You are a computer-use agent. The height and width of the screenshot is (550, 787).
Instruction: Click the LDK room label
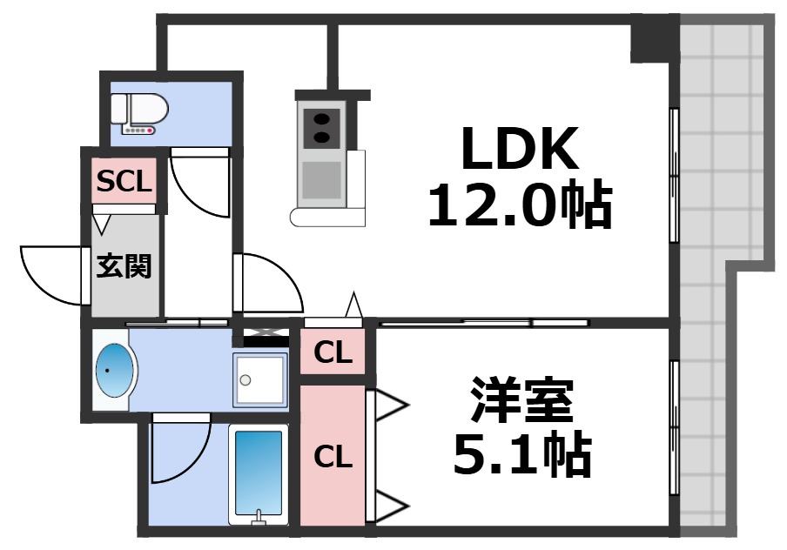tap(519, 149)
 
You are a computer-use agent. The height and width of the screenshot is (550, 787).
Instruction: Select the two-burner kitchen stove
tap(320, 127)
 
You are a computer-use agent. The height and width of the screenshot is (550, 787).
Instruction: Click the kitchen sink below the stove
tap(320, 180)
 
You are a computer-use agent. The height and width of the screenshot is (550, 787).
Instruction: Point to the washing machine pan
tap(259, 380)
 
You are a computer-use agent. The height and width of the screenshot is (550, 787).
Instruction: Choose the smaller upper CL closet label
tap(333, 353)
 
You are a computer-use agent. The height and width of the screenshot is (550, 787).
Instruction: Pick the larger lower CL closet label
tap(333, 457)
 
